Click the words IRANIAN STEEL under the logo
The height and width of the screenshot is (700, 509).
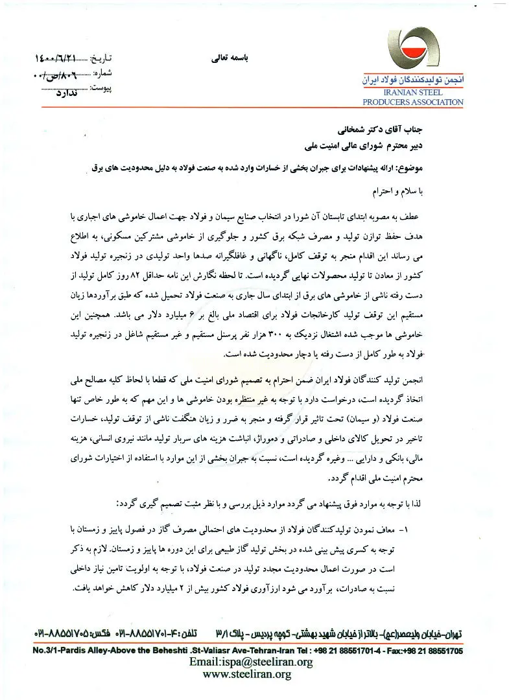[x=418, y=95]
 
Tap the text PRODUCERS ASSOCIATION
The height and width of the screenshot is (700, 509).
[x=413, y=102]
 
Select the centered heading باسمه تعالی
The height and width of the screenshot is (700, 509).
[x=222, y=57]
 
